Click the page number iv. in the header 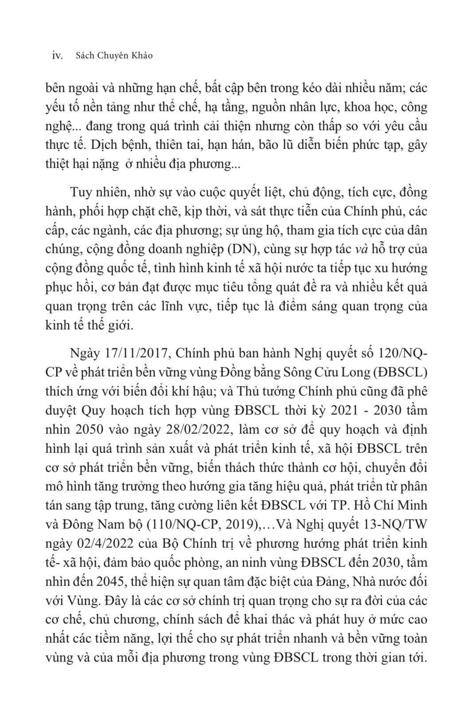click(58, 56)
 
